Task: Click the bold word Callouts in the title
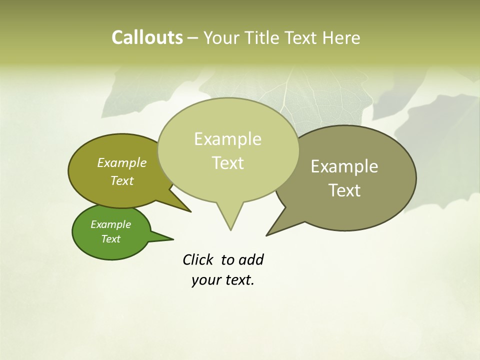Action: pos(147,37)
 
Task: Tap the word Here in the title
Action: pos(342,37)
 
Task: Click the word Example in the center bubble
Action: pos(227,139)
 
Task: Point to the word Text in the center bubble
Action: pos(228,162)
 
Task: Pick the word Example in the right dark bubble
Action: pos(344,166)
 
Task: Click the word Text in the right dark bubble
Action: pos(345,190)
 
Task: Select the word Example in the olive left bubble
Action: pos(121,162)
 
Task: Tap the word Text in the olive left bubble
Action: pos(121,180)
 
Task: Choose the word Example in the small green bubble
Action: pos(110,224)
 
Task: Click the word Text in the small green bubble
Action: pos(110,238)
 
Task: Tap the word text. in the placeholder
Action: pos(237,280)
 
